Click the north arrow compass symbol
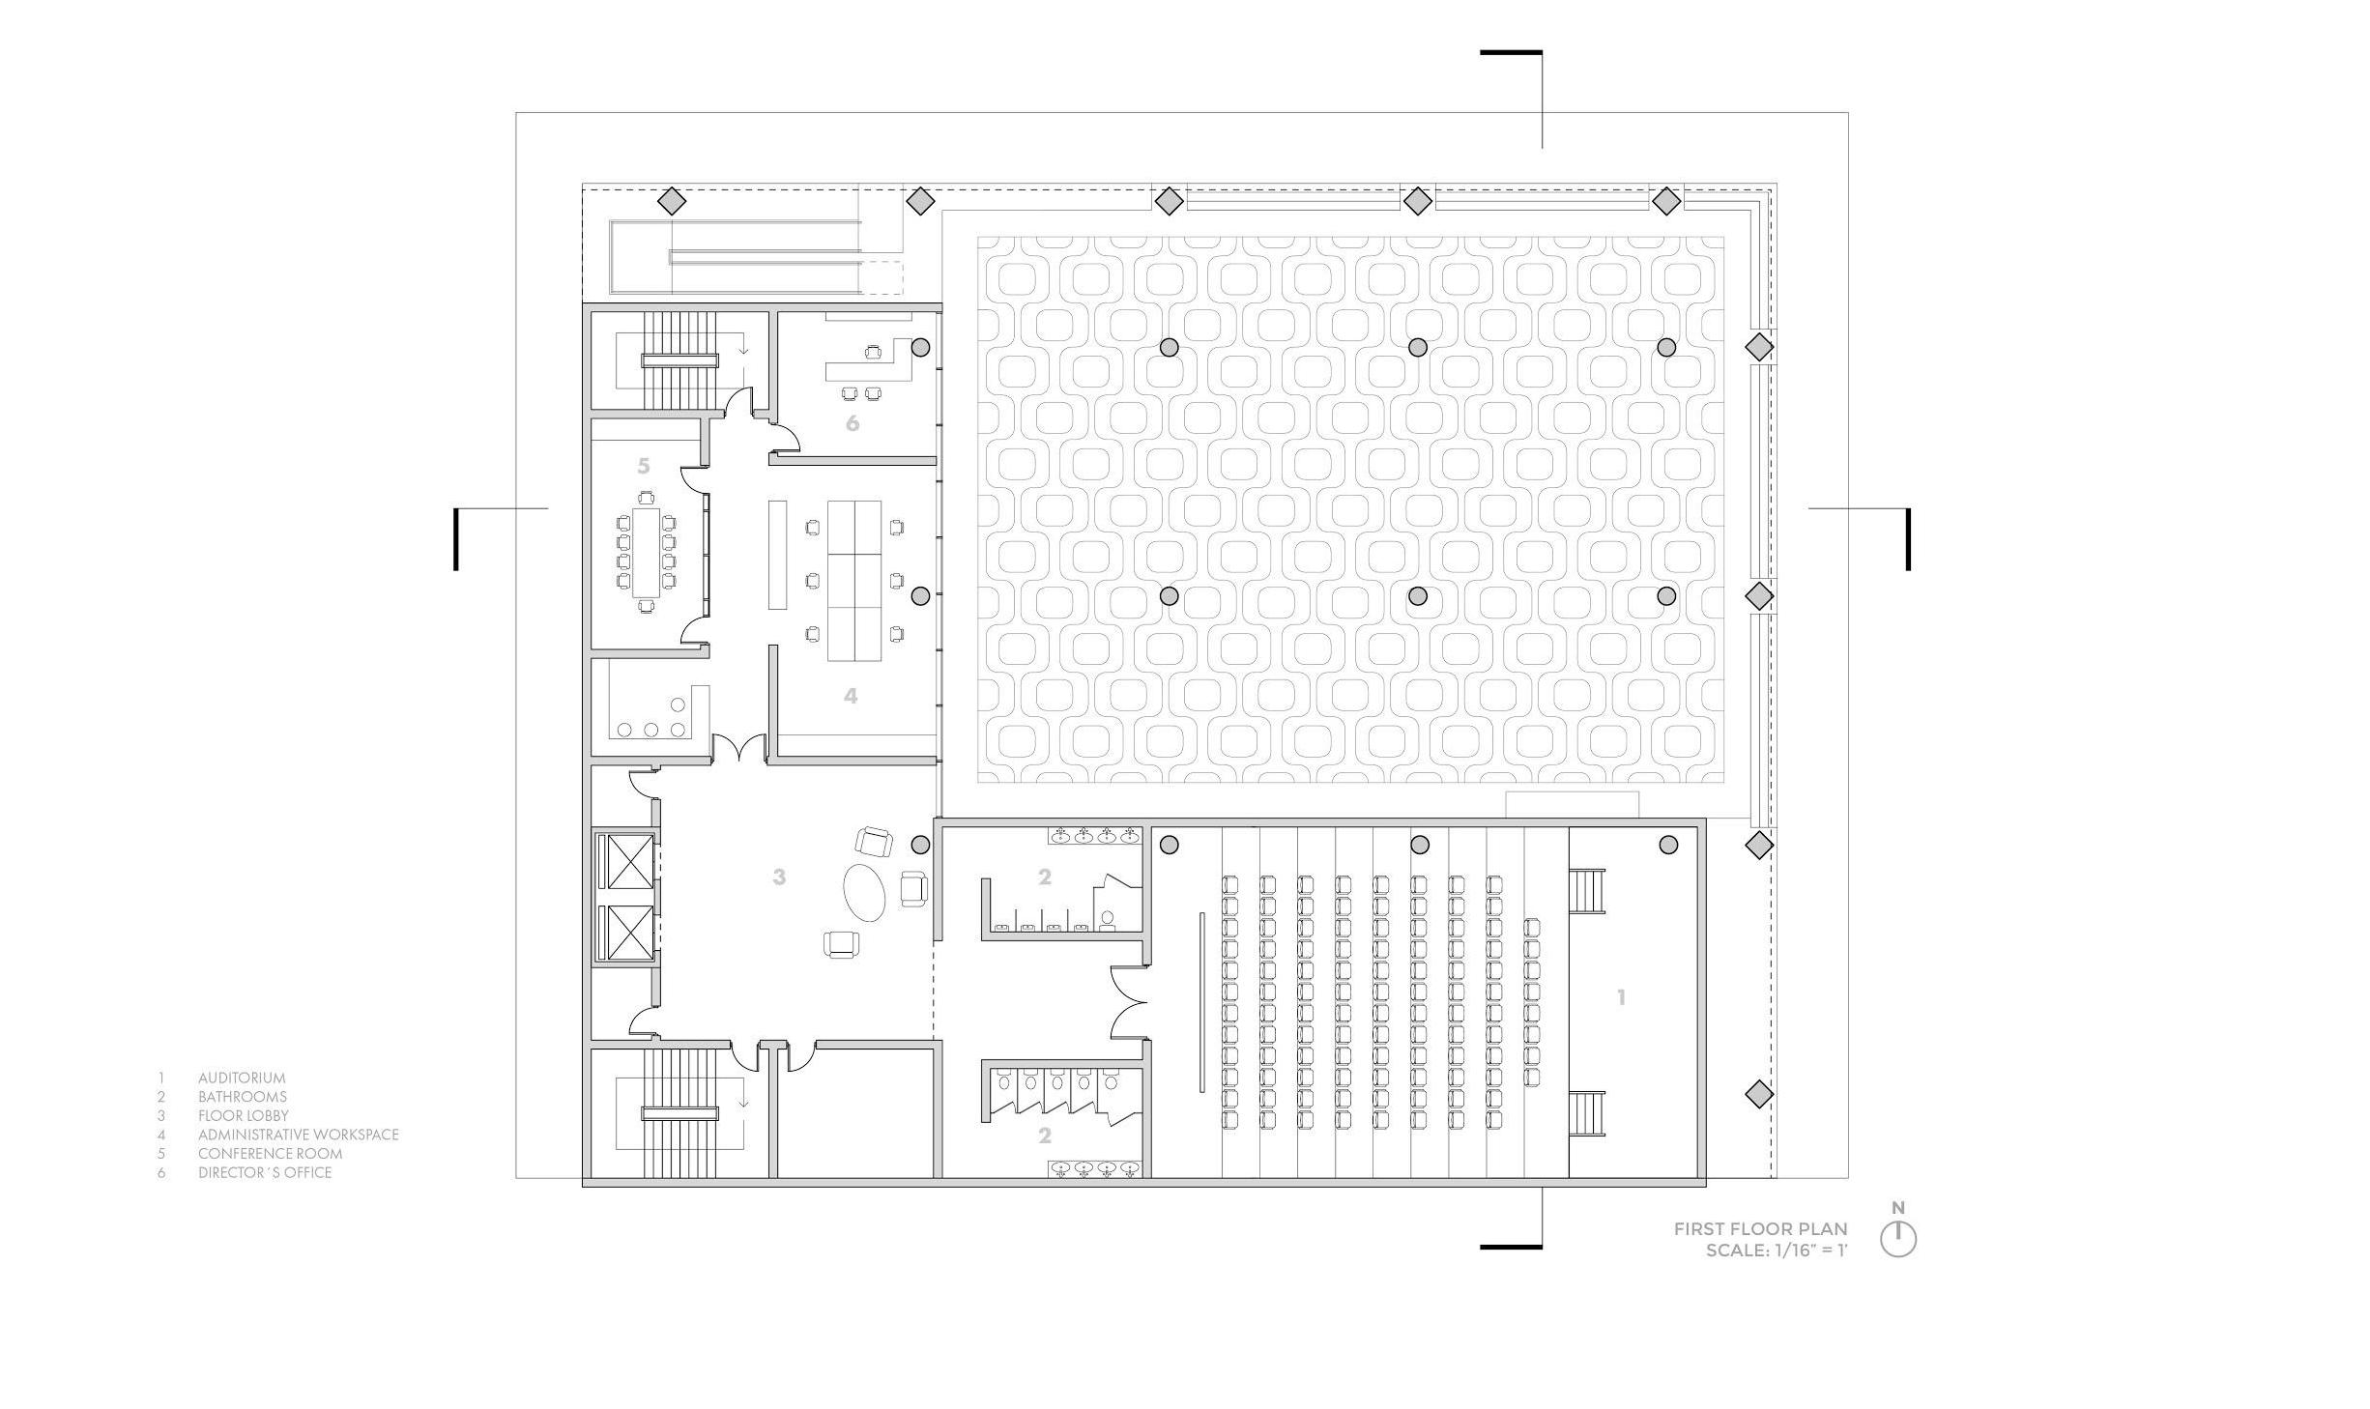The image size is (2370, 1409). pos(1897,1238)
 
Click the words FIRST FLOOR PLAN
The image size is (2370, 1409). pos(1760,1229)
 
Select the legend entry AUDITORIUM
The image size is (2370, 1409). pos(242,1078)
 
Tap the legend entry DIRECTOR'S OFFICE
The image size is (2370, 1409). pos(264,1172)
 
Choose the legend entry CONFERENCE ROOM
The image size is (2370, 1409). pos(270,1153)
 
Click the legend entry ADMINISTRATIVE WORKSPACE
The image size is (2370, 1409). pos(298,1135)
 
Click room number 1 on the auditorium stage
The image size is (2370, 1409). pos(1621,997)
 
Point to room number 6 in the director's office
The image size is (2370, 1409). pos(852,423)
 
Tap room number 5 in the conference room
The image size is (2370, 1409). pos(644,466)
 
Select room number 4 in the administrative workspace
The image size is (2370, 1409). pos(851,696)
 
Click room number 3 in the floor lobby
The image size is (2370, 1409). pos(779,877)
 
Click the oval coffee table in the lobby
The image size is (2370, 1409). pos(864,892)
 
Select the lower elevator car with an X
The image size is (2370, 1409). pos(629,934)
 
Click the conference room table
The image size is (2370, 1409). pos(645,552)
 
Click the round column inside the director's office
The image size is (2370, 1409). pos(920,346)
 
